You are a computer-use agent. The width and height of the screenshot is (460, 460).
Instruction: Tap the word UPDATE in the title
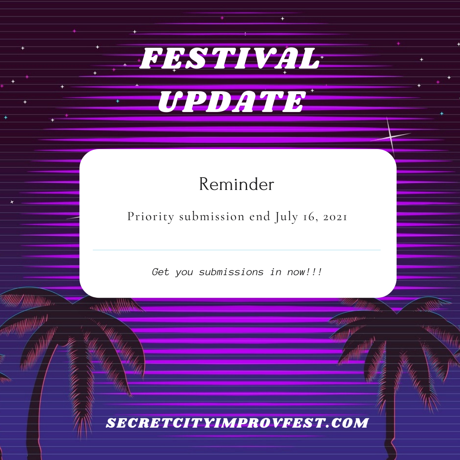(232, 101)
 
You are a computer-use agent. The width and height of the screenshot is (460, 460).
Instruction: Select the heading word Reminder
(236, 184)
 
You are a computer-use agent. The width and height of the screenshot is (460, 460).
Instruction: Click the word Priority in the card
(151, 217)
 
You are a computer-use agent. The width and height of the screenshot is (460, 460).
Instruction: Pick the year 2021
(335, 217)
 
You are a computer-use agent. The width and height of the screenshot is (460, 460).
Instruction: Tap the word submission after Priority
(212, 216)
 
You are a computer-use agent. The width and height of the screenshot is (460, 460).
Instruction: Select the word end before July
(260, 216)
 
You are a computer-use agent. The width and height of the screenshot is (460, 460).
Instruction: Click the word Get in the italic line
(161, 272)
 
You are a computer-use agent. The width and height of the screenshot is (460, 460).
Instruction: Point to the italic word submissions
(231, 272)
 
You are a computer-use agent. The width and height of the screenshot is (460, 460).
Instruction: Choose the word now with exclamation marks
(304, 272)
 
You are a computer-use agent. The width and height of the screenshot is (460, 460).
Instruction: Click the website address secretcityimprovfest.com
(237, 423)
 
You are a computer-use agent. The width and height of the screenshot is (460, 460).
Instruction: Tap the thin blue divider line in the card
(236, 250)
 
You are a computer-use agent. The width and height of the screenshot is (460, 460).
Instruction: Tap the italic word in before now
(276, 272)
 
